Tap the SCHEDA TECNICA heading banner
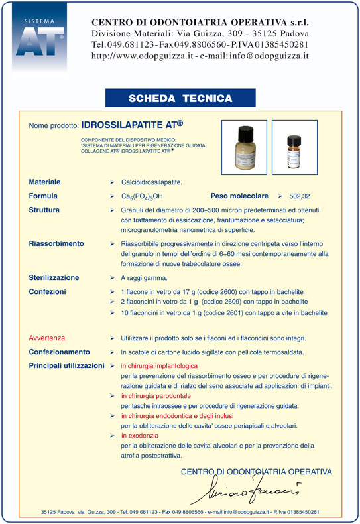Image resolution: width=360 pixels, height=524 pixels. (x=180, y=98)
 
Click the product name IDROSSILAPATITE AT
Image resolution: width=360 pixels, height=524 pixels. (x=132, y=124)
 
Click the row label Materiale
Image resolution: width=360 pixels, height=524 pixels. (x=44, y=182)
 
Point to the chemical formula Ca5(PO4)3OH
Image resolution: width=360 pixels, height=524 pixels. (x=142, y=196)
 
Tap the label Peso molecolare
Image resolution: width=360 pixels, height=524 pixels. (x=239, y=196)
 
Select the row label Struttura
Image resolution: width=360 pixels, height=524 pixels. (x=44, y=210)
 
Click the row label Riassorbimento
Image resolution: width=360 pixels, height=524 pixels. (x=56, y=244)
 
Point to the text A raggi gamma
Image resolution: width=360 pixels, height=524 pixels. (x=144, y=278)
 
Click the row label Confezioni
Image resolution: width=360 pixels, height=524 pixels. (x=47, y=291)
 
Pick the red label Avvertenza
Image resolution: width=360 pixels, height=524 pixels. (x=47, y=338)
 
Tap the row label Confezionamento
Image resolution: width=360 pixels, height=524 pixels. (x=59, y=352)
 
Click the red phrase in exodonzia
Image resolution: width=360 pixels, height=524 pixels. (x=140, y=436)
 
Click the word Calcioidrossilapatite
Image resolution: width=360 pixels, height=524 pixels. (x=152, y=182)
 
